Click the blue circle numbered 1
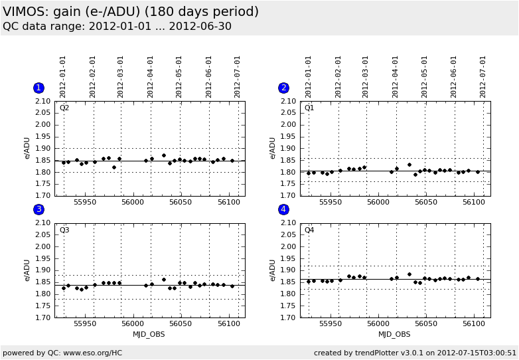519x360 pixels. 38,88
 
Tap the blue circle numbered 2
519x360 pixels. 283,88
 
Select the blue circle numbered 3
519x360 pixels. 38,209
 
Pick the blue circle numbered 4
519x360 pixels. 283,209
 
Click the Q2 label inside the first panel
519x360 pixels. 64,108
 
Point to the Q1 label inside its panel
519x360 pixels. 309,108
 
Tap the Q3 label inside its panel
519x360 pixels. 64,230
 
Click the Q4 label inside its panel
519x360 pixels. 309,230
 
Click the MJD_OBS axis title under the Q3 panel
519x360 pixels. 149,334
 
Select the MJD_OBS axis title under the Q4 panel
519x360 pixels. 394,334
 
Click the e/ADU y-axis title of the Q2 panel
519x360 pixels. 27,148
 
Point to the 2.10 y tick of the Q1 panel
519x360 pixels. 288,102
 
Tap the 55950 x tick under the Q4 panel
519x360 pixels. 331,323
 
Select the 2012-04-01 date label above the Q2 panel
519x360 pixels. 151,76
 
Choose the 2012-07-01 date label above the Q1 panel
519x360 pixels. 483,76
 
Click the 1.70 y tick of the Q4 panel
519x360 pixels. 288,317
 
